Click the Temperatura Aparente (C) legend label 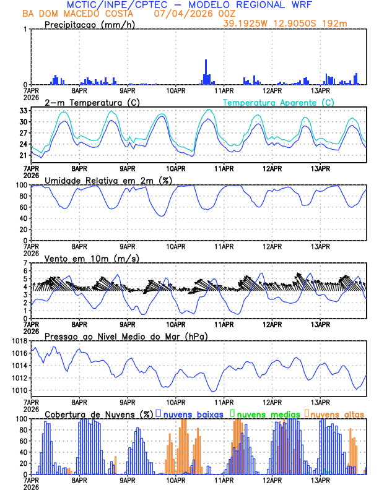click(278, 102)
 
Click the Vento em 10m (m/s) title click(92, 258)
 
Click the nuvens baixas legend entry click(193, 413)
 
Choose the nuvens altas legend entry click(336, 413)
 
